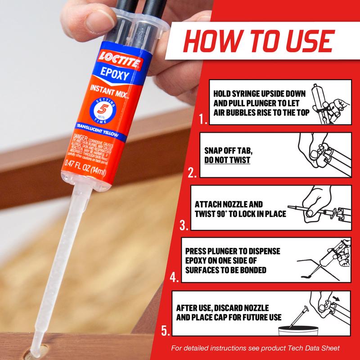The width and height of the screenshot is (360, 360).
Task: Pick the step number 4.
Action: click(x=175, y=276)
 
